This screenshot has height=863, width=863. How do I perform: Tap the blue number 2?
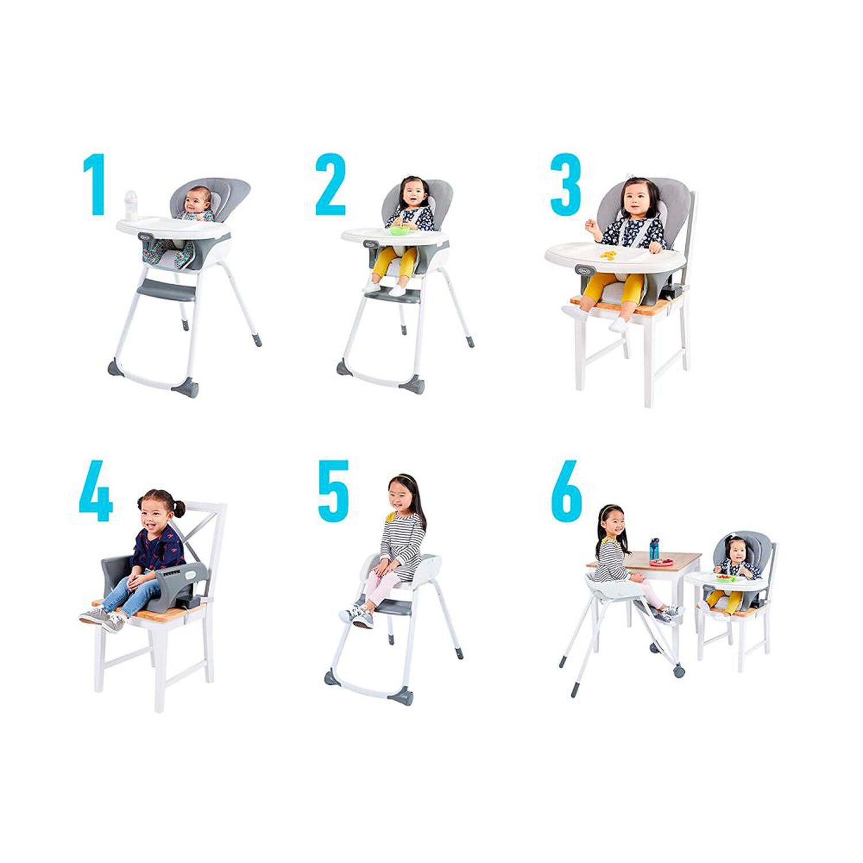point(330,184)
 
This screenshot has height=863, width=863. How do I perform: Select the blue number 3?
point(566,184)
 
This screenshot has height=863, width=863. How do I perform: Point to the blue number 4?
point(96,490)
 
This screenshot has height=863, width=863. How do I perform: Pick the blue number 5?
point(334,490)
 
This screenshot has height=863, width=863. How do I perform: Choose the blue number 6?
point(567,490)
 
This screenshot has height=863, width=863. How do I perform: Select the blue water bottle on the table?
point(654,549)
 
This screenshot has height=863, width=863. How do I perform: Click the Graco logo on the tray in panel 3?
point(584,269)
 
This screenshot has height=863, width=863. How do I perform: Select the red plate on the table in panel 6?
point(663,561)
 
